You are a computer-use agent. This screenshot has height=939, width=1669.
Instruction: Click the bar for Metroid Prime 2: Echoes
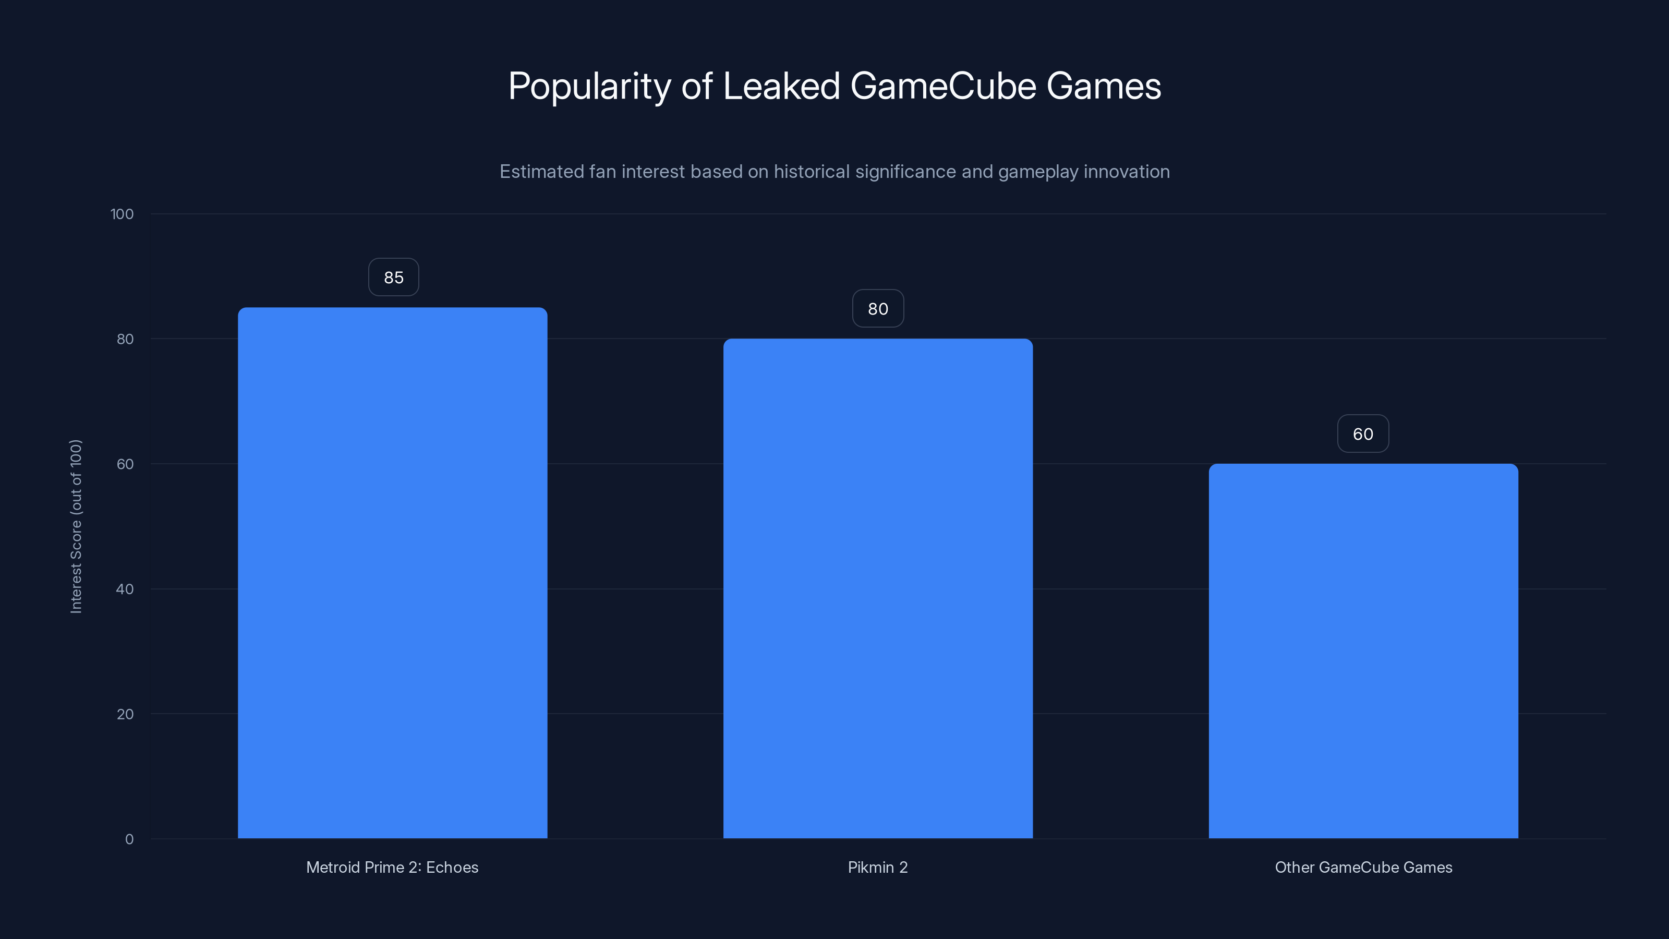click(392, 573)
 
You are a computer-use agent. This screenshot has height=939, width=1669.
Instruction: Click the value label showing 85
click(393, 278)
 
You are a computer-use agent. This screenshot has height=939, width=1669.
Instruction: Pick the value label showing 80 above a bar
click(877, 308)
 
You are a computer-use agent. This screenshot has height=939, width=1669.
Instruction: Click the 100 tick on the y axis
click(122, 214)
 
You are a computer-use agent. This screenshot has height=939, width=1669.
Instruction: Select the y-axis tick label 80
click(125, 339)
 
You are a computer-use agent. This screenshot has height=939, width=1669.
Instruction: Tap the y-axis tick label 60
click(125, 464)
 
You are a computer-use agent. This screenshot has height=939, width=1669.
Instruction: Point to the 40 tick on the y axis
click(125, 589)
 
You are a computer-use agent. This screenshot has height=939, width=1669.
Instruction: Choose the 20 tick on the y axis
click(125, 714)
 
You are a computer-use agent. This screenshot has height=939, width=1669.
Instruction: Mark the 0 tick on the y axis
click(129, 839)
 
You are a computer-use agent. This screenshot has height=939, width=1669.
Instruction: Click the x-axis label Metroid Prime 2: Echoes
click(392, 867)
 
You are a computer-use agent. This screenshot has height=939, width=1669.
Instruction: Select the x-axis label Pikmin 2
click(877, 867)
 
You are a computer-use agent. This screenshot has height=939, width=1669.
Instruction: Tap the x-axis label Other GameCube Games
click(1363, 867)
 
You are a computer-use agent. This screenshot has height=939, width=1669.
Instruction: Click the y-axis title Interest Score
click(76, 526)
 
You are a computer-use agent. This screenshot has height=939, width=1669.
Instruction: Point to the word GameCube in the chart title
click(942, 86)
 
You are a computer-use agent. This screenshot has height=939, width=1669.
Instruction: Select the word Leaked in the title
click(781, 86)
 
